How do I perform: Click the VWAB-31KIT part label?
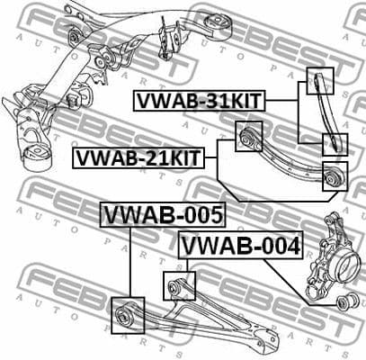[x=201, y=101]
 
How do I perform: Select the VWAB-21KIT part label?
[x=138, y=159]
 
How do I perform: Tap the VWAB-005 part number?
[x=162, y=215]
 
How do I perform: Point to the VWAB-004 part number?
[x=241, y=244]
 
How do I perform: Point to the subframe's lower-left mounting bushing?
[x=37, y=153]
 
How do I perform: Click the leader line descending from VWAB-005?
[x=131, y=261]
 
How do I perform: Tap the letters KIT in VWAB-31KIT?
[x=242, y=101]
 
